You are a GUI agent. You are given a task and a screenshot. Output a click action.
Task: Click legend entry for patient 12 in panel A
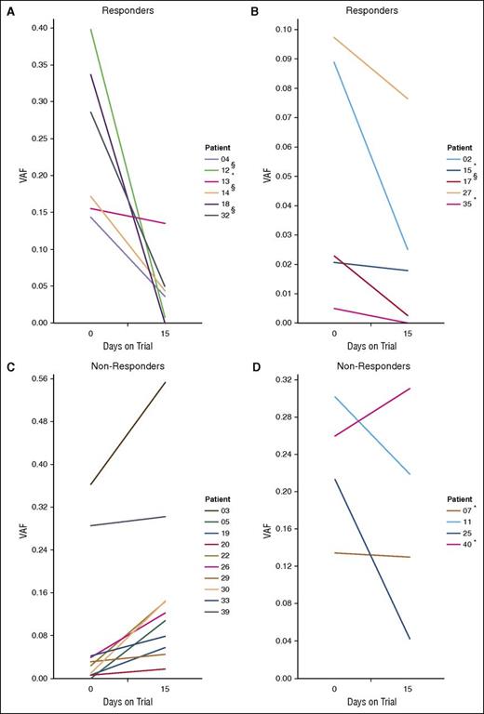(x=225, y=170)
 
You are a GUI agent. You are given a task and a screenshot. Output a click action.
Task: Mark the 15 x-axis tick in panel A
(x=165, y=333)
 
